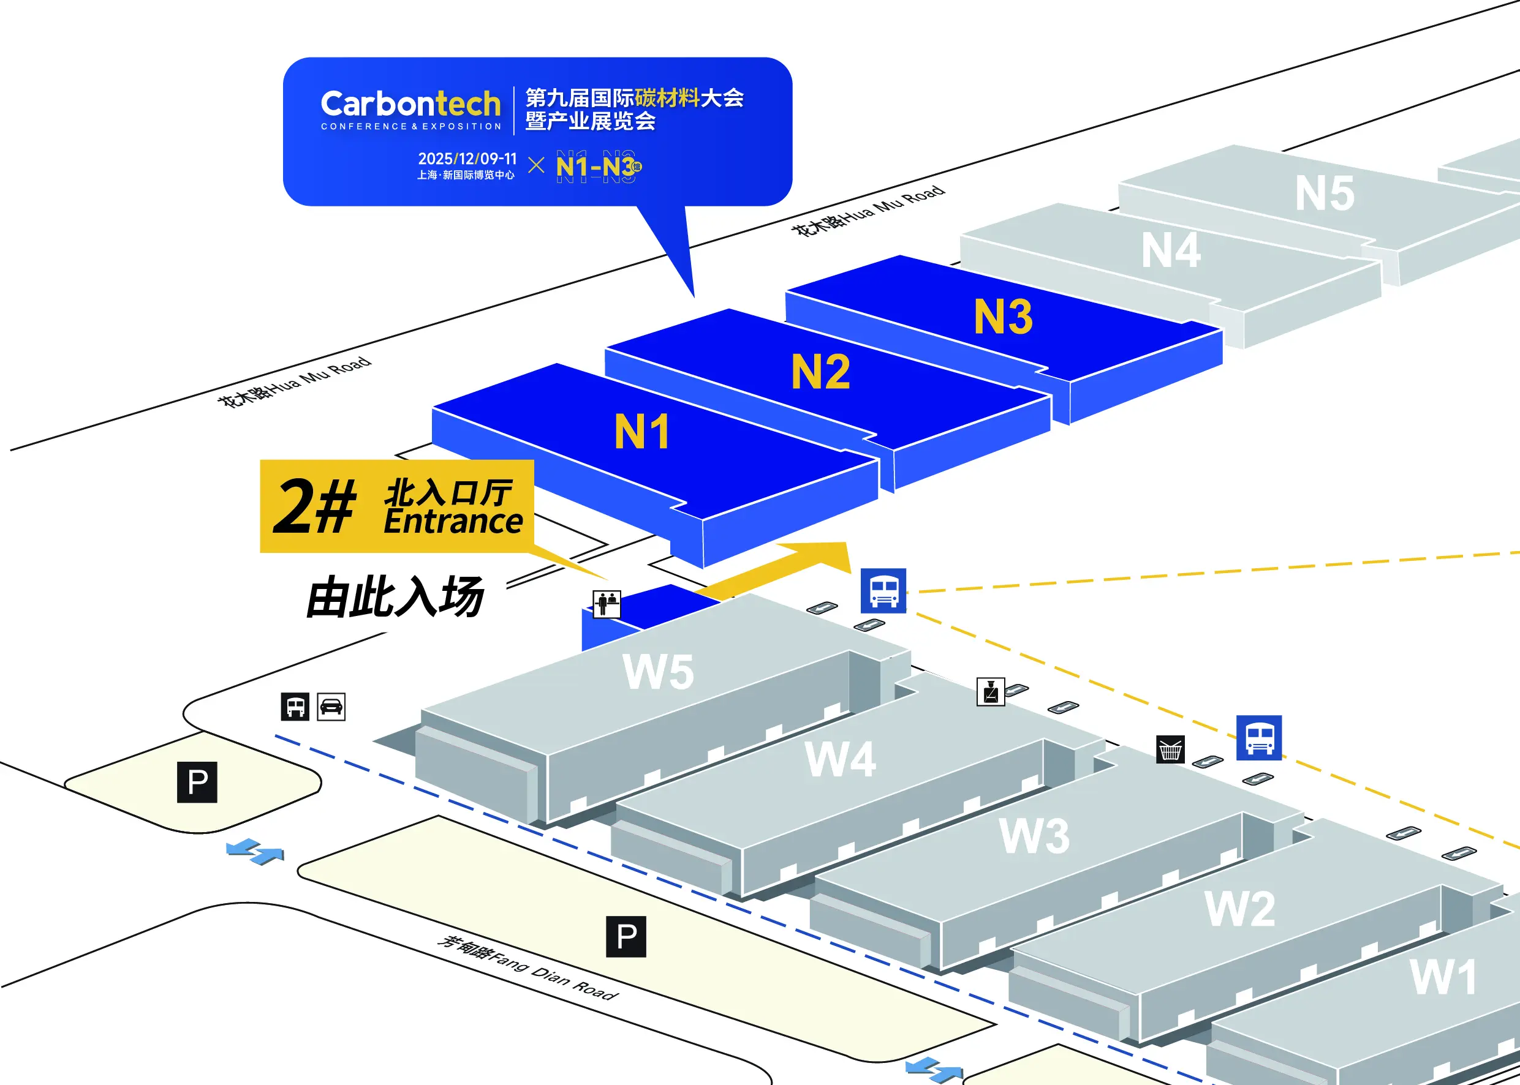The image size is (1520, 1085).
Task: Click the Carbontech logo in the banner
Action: click(x=410, y=110)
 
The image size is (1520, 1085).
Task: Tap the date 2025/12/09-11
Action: click(x=467, y=159)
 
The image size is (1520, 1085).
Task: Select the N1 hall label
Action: click(x=641, y=432)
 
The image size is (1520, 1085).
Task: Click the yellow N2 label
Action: click(x=820, y=372)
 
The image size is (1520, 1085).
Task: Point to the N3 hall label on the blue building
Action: click(x=1003, y=316)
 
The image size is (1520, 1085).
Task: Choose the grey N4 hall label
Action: click(x=1170, y=250)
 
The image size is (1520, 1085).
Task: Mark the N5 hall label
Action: click(x=1324, y=193)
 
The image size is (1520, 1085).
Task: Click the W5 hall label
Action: click(x=658, y=672)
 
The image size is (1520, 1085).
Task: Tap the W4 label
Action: click(x=839, y=759)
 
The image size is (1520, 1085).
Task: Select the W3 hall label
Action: click(x=1034, y=836)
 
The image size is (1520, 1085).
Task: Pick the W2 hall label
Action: click(x=1239, y=909)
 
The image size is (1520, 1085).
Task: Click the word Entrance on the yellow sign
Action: click(x=453, y=522)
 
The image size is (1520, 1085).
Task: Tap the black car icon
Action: click(x=331, y=706)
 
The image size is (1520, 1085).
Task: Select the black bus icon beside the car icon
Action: click(x=295, y=706)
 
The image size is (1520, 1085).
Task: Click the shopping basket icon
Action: click(x=1170, y=749)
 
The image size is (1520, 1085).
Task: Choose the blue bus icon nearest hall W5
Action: click(x=883, y=591)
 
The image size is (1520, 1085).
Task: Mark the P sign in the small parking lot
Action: click(x=197, y=782)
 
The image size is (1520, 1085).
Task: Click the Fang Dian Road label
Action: click(x=527, y=968)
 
